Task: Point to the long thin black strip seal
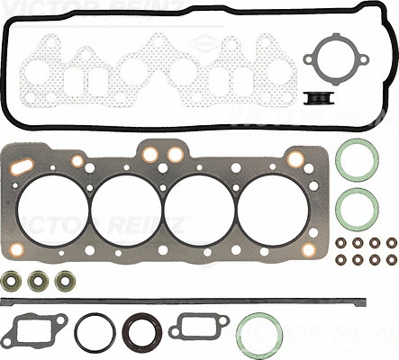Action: click(x=180, y=296)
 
